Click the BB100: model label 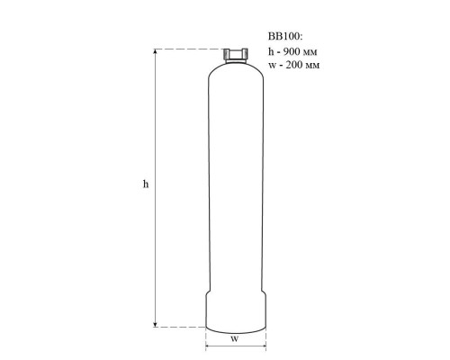285,36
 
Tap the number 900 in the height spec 292,51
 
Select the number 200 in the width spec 294,65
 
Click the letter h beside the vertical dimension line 146,184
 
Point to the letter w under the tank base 235,339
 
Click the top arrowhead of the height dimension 155,51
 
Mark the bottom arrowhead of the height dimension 155,324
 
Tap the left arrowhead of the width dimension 209,346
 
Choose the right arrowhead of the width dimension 263,346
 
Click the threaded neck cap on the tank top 236,55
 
